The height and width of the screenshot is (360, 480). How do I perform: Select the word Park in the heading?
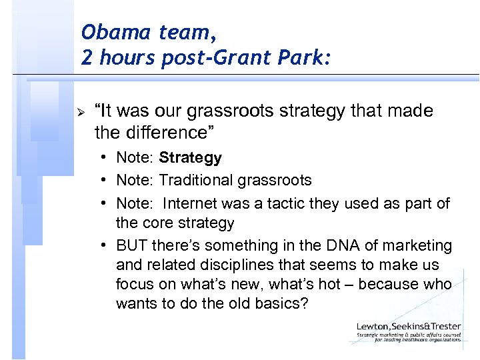tap(299, 58)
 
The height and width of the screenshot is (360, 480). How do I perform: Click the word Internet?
tap(191, 203)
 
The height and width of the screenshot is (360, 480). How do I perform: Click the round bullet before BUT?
tap(106, 245)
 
